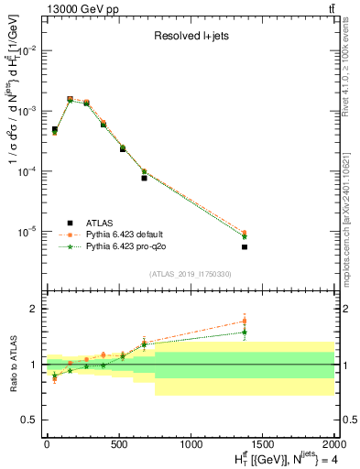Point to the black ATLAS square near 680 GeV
[144, 178]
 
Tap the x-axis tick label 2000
[333, 446]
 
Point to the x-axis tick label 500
[118, 446]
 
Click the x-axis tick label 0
[47, 446]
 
